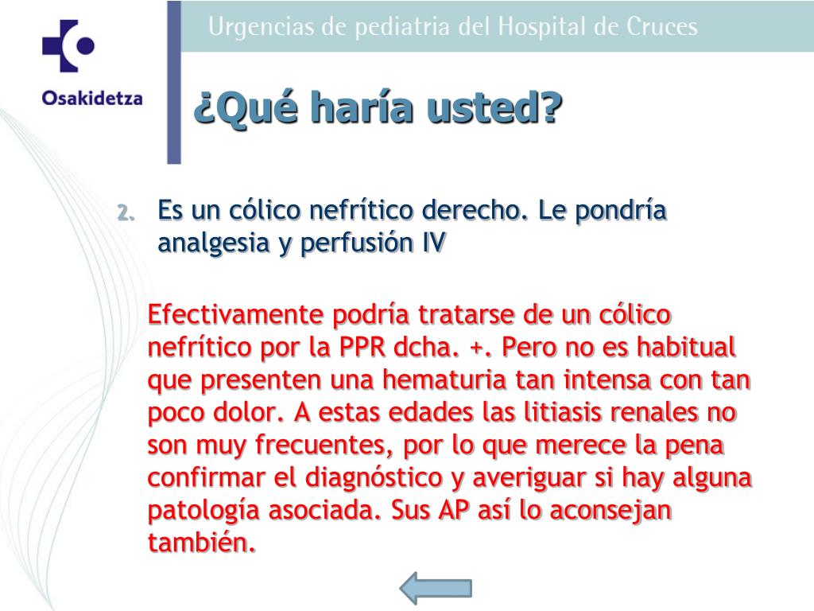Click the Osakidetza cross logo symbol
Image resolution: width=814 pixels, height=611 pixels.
tap(68, 45)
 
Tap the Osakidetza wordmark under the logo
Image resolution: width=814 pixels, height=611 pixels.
tap(92, 98)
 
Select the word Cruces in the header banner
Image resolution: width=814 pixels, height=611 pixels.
tap(662, 27)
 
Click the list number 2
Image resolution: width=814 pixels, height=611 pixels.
tap(126, 212)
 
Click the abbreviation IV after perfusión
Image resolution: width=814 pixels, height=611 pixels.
tap(434, 242)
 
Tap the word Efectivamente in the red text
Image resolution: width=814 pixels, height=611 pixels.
tap(235, 314)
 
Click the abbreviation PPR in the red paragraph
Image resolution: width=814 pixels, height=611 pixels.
tap(362, 347)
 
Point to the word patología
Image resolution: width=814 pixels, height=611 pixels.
tap(203, 511)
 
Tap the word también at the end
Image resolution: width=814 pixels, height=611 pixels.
tap(202, 543)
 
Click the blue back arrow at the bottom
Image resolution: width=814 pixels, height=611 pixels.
tap(436, 588)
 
